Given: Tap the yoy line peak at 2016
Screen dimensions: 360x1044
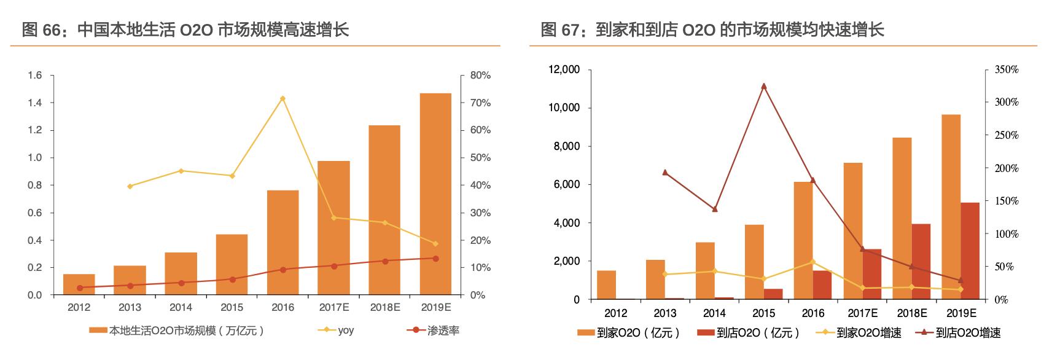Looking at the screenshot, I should (282, 98).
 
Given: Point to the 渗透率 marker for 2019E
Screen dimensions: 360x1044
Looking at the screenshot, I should (435, 259).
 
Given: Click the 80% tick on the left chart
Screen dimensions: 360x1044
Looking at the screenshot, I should (480, 76).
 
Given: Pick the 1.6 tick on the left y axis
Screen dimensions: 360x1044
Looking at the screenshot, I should (34, 76).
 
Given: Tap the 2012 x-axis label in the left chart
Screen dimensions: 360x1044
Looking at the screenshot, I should (79, 307).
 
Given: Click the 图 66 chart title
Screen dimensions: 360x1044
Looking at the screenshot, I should (185, 29).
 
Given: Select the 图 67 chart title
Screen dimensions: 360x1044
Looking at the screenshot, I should (712, 29).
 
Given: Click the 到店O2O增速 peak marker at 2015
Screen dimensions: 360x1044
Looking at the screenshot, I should (763, 86).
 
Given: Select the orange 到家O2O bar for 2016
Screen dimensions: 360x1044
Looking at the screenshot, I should (803, 240).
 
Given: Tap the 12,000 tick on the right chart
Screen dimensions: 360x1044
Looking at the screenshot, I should (563, 70).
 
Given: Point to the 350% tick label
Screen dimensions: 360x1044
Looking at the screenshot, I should (1006, 70).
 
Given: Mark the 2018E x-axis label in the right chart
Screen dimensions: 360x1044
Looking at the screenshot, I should (911, 313).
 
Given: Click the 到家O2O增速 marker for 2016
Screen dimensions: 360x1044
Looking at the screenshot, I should (812, 262).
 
